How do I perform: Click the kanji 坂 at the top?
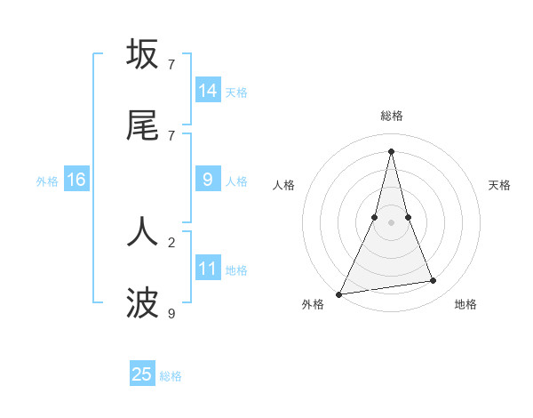142,54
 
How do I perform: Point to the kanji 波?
142,303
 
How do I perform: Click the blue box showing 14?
208,91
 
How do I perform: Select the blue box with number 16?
76,180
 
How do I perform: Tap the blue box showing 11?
208,269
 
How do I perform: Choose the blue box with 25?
142,374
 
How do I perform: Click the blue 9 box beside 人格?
208,180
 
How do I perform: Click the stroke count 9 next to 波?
171,313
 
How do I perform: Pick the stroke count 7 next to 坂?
171,64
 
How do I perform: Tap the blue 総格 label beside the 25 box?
171,376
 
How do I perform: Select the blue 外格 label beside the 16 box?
47,181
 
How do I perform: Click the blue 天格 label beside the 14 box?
236,92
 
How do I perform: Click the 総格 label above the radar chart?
391,116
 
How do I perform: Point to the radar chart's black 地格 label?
465,304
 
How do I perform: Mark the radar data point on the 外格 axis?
339,293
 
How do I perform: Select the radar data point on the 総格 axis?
391,150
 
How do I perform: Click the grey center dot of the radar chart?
391,221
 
